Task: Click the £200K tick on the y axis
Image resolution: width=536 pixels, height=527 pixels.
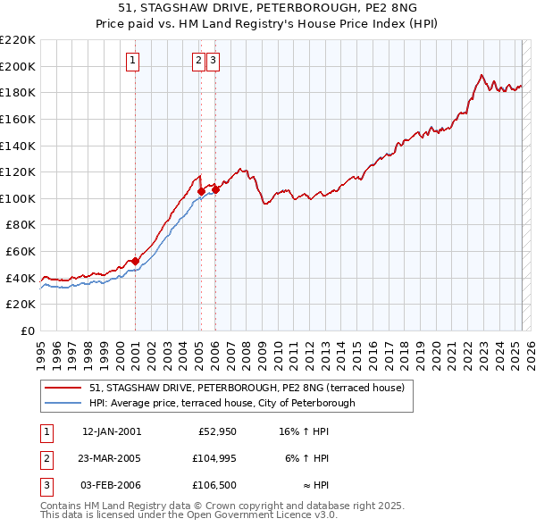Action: point(18,66)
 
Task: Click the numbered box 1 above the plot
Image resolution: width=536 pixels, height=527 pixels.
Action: point(132,61)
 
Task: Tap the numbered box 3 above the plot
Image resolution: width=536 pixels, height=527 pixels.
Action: point(214,61)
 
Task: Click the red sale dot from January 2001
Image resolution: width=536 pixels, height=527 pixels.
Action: point(136,261)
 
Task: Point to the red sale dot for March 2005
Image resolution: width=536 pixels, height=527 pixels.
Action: point(201,191)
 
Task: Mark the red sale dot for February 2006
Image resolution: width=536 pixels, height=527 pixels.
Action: point(215,189)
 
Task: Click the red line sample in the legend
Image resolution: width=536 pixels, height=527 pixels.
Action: point(63,388)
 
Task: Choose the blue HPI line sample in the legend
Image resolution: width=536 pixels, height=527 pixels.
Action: point(63,403)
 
